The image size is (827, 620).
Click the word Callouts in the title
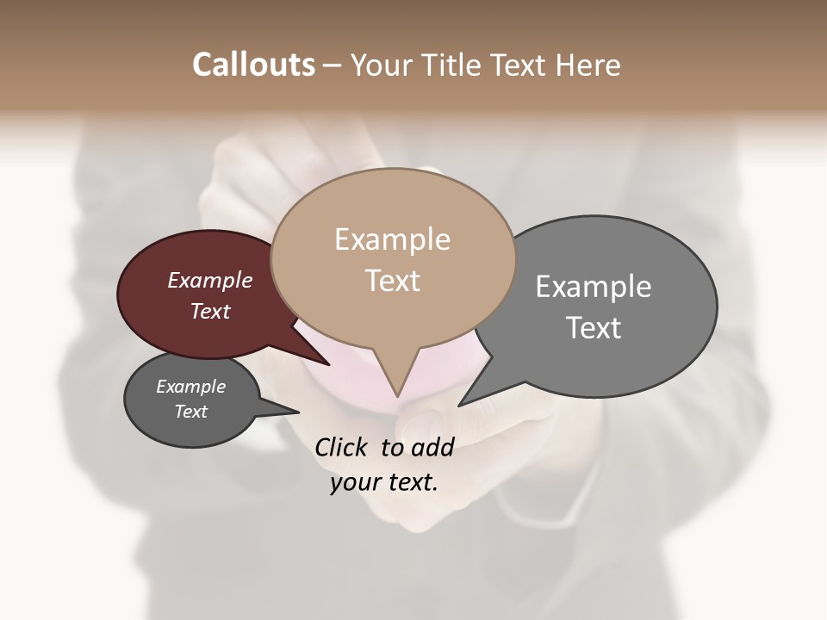[x=253, y=65]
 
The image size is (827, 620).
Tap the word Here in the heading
[x=589, y=65]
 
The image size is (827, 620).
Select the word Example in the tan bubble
[x=393, y=239]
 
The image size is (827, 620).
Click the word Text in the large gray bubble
[x=594, y=328]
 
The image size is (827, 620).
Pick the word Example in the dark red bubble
[x=210, y=280]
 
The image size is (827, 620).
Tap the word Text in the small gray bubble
[x=191, y=412]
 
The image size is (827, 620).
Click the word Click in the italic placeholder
[x=342, y=447]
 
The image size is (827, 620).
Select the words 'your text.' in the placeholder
[x=384, y=483]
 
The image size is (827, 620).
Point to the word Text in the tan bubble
[x=393, y=281]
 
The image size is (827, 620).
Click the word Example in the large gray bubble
[x=594, y=287]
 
